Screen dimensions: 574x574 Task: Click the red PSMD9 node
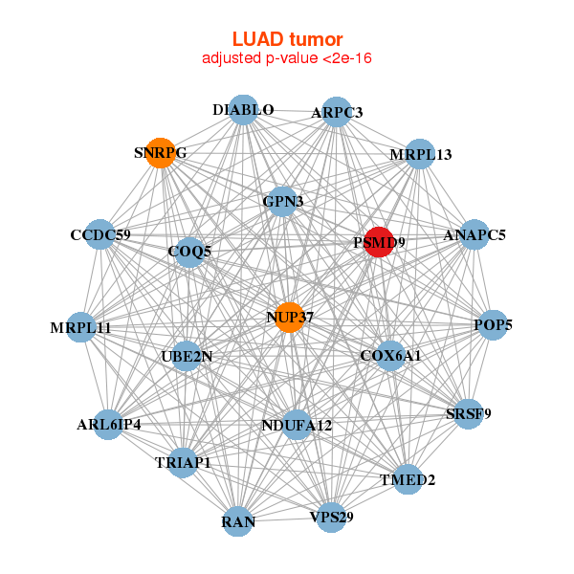coord(380,242)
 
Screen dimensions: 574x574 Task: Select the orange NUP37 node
coord(289,317)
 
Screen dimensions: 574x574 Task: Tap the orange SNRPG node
coord(161,152)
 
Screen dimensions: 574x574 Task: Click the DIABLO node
coord(243,110)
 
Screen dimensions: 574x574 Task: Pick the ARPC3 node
coord(337,112)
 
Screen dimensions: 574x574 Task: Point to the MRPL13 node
coord(421,154)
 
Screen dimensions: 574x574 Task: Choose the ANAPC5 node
coord(475,234)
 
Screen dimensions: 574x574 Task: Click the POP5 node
coord(493,325)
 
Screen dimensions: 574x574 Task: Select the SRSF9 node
coord(467,414)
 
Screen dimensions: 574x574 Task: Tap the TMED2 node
coord(408,479)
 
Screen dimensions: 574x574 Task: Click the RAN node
coord(238,521)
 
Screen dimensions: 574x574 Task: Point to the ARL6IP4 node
coord(108,424)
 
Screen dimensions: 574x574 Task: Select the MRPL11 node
coord(81,328)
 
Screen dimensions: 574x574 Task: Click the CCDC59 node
coord(100,234)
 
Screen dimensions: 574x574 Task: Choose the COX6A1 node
coord(390,356)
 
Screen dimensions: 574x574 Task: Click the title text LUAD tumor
coord(287,39)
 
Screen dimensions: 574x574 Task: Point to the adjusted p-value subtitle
coord(287,58)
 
